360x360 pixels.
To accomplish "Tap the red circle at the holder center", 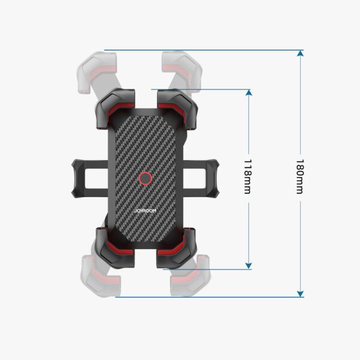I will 145,178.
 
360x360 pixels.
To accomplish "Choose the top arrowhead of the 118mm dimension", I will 248,94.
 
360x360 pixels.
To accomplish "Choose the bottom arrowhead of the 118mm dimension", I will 248,265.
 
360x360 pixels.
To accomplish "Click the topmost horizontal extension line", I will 204,50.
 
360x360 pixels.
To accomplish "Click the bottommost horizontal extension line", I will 210,297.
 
